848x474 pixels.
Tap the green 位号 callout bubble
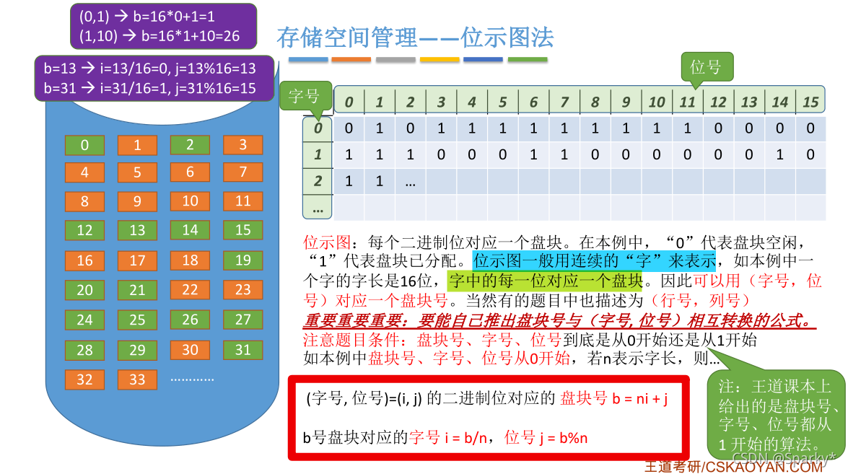coord(706,67)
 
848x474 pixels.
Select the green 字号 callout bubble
coord(304,96)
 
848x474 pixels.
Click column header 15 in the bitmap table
coord(810,102)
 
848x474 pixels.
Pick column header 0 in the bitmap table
coord(349,102)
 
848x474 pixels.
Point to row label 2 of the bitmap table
coord(318,181)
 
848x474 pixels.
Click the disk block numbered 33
coord(137,379)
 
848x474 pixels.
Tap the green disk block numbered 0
coord(84,145)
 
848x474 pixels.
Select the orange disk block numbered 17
coord(137,260)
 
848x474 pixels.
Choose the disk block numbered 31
coord(242,350)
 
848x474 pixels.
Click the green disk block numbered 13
coord(137,230)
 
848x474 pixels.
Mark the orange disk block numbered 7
coord(242,172)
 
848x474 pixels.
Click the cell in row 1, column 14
coord(780,154)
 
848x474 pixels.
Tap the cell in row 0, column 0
coord(349,128)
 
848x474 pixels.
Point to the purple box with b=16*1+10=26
coord(163,26)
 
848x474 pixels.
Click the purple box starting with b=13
coord(154,79)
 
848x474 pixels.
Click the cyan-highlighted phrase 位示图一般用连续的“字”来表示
coord(593,260)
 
